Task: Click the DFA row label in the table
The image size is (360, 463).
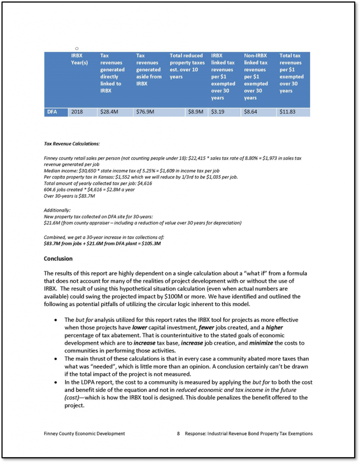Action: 52,111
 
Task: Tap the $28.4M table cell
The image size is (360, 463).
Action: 109,111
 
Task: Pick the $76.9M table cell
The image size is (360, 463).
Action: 145,111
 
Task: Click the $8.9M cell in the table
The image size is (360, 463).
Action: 195,111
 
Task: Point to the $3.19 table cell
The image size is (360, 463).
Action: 218,111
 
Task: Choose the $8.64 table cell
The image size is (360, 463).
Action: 251,111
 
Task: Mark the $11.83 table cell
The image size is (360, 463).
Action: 288,111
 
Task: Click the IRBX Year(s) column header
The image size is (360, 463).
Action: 80,59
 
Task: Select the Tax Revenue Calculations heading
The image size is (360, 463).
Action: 72,144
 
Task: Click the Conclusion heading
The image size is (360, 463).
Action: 58,259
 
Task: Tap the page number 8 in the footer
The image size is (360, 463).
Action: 179,434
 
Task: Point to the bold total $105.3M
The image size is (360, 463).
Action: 151,244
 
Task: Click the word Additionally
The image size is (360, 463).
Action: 57,210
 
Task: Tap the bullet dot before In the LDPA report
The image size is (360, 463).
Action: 55,383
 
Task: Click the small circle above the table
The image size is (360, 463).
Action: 77,48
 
